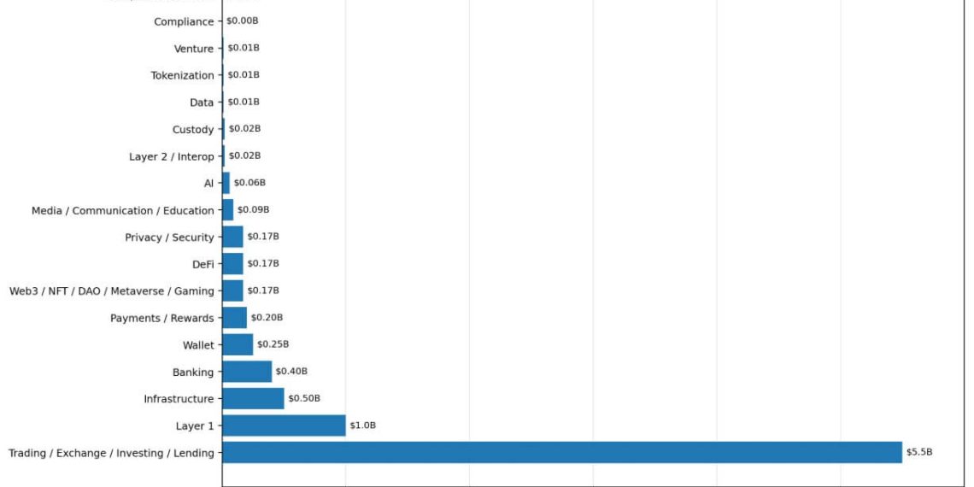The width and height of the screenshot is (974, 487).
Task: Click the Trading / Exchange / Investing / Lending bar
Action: point(561,452)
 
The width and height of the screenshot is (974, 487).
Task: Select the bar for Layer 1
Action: point(284,425)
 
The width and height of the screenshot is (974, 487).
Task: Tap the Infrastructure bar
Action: point(253,398)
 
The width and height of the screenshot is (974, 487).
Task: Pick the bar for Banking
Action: point(247,372)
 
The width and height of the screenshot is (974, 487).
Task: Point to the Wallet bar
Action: point(238,344)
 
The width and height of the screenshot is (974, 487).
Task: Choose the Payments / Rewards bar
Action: point(234,318)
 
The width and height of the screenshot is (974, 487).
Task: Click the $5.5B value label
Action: point(919,452)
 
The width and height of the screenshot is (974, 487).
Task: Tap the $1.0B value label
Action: point(362,425)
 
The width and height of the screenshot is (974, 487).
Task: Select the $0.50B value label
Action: point(303,398)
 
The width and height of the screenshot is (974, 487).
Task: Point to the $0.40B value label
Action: point(291,372)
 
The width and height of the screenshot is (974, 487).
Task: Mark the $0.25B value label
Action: point(273,344)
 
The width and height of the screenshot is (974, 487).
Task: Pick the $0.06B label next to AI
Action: point(249,183)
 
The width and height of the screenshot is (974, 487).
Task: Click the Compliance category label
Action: point(184,21)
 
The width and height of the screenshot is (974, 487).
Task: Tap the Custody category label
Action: point(193,130)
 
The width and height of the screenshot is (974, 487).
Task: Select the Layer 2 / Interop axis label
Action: point(171,156)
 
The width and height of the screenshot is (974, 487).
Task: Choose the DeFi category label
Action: point(203,264)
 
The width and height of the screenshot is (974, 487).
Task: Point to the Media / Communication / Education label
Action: point(122,210)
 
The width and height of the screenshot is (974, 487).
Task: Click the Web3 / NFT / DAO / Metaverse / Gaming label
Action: point(111,291)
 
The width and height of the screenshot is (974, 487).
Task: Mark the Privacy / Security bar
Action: point(232,237)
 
